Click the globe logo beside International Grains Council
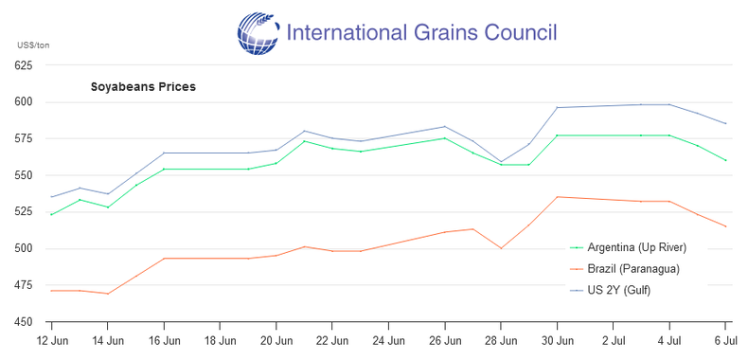[258, 33]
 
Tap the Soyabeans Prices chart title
[143, 87]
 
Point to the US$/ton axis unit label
[33, 45]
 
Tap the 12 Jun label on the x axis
[51, 342]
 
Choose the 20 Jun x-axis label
[276, 342]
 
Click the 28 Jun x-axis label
[501, 342]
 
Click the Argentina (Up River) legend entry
[628, 247]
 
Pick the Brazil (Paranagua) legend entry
[625, 269]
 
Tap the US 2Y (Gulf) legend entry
[610, 290]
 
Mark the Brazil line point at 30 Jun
[557, 197]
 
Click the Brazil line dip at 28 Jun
[501, 248]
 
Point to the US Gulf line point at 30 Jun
[557, 107]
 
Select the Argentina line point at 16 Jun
[164, 169]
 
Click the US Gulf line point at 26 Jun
[445, 127]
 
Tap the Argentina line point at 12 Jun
[51, 214]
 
